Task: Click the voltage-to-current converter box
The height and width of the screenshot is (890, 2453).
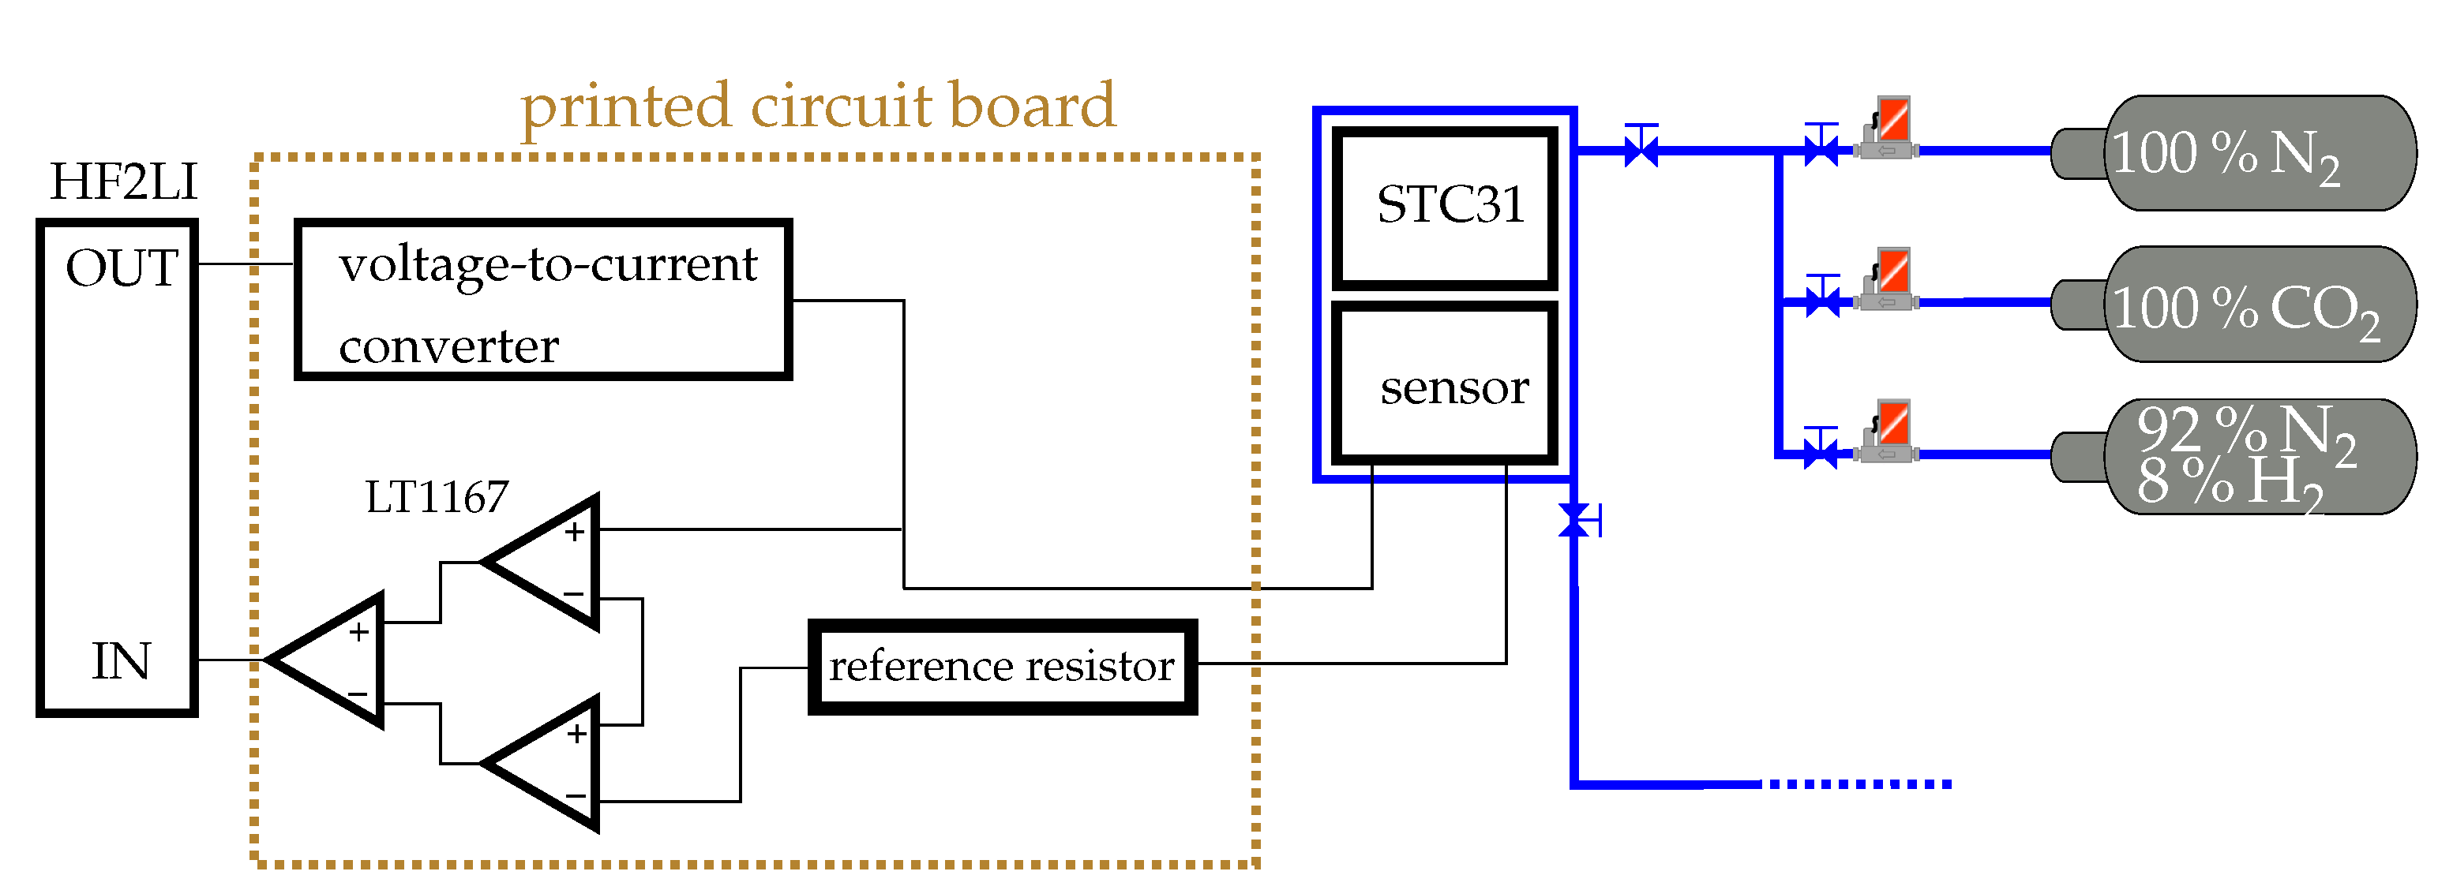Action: pyautogui.click(x=542, y=301)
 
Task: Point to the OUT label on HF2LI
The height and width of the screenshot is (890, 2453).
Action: pyautogui.click(x=122, y=268)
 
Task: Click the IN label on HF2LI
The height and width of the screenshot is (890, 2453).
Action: pyautogui.click(x=121, y=661)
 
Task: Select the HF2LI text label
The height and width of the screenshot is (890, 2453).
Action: pyautogui.click(x=123, y=181)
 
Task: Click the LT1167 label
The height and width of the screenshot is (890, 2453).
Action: pyautogui.click(x=437, y=497)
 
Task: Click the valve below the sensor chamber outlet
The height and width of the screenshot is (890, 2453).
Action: pyautogui.click(x=1574, y=521)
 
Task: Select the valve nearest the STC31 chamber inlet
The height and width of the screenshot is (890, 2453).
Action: pyautogui.click(x=1641, y=148)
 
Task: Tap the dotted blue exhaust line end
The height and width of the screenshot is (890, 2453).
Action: pyautogui.click(x=1857, y=784)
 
